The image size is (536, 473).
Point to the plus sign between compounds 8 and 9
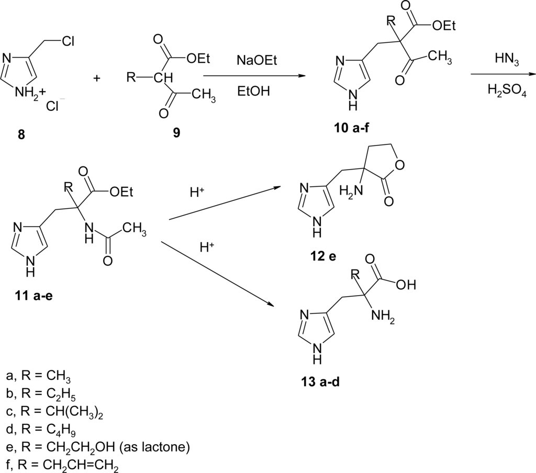tap(96, 78)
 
